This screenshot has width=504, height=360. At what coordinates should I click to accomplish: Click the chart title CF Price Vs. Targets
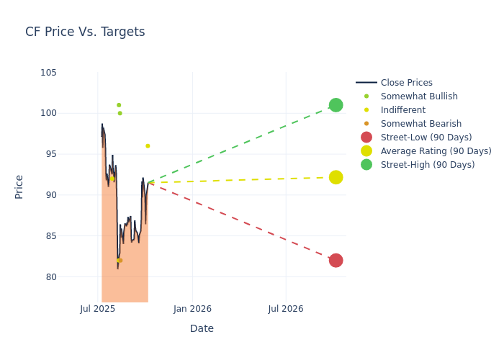coord(85,32)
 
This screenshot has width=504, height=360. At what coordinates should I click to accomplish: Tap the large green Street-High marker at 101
coord(336,105)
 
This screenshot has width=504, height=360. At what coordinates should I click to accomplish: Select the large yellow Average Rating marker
coord(336,177)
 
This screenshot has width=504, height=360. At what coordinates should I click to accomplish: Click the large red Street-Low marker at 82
coord(336,261)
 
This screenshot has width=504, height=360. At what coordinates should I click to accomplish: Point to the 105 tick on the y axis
coord(48,73)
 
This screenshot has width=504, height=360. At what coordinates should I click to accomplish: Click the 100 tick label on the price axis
coord(48,113)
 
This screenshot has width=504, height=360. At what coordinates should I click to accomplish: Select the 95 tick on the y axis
coord(50,154)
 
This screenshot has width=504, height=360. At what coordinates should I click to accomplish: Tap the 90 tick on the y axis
coord(50,195)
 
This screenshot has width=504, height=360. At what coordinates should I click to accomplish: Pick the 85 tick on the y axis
coord(50,236)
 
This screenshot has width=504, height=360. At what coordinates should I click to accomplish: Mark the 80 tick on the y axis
coord(50,277)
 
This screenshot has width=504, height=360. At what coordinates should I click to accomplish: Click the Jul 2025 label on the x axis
coord(98,309)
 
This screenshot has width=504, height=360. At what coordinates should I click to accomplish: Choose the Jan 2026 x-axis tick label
coord(192,309)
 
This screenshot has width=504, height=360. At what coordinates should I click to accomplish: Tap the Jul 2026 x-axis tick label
coord(286,309)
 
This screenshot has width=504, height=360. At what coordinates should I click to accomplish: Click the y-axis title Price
coord(19,186)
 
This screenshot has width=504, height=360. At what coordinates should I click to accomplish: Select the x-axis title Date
coord(202,328)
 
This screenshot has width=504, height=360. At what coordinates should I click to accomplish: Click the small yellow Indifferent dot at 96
coord(148,146)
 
